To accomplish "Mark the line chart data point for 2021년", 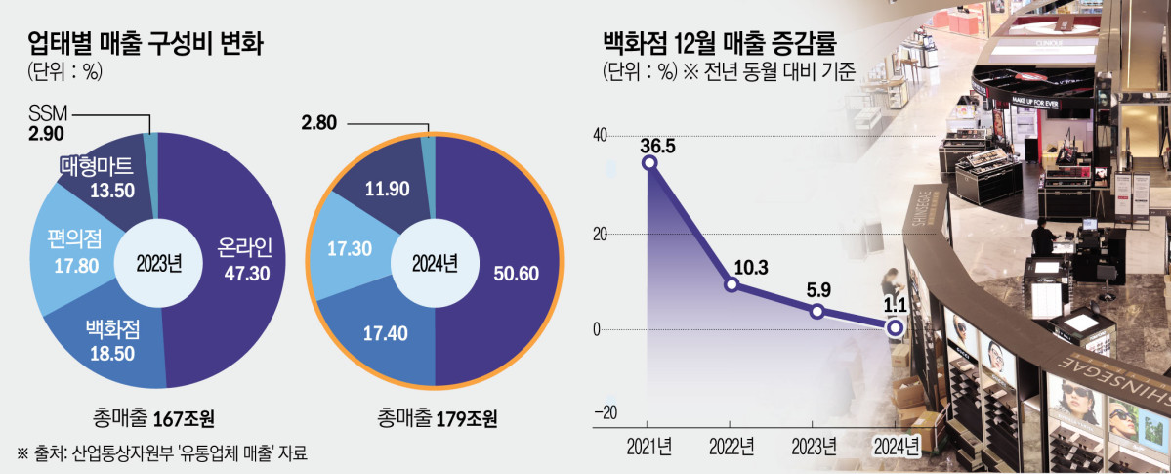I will [649, 162].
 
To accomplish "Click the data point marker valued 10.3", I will [732, 285].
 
